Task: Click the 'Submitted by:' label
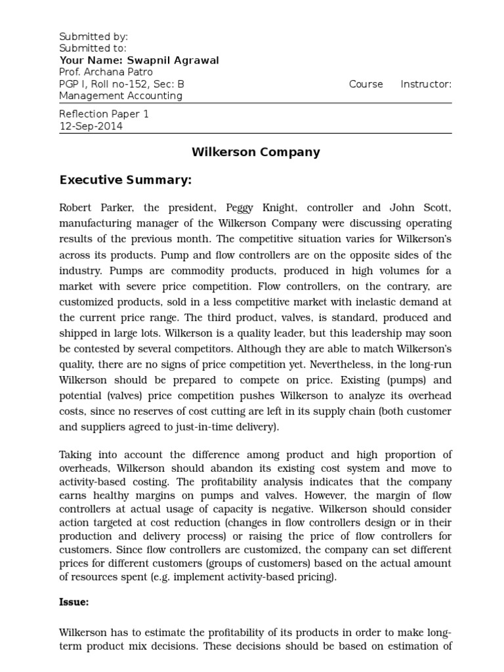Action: tap(93, 37)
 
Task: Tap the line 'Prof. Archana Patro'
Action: tap(106, 72)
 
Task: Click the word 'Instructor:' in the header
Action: tap(426, 84)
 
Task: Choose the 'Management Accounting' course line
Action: tap(121, 96)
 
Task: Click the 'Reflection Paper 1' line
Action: tap(104, 114)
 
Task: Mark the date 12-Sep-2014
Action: tap(91, 126)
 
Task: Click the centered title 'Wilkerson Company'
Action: tap(255, 152)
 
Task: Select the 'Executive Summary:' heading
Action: tap(125, 180)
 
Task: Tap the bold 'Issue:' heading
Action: tap(74, 601)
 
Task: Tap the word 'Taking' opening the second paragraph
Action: tap(76, 455)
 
